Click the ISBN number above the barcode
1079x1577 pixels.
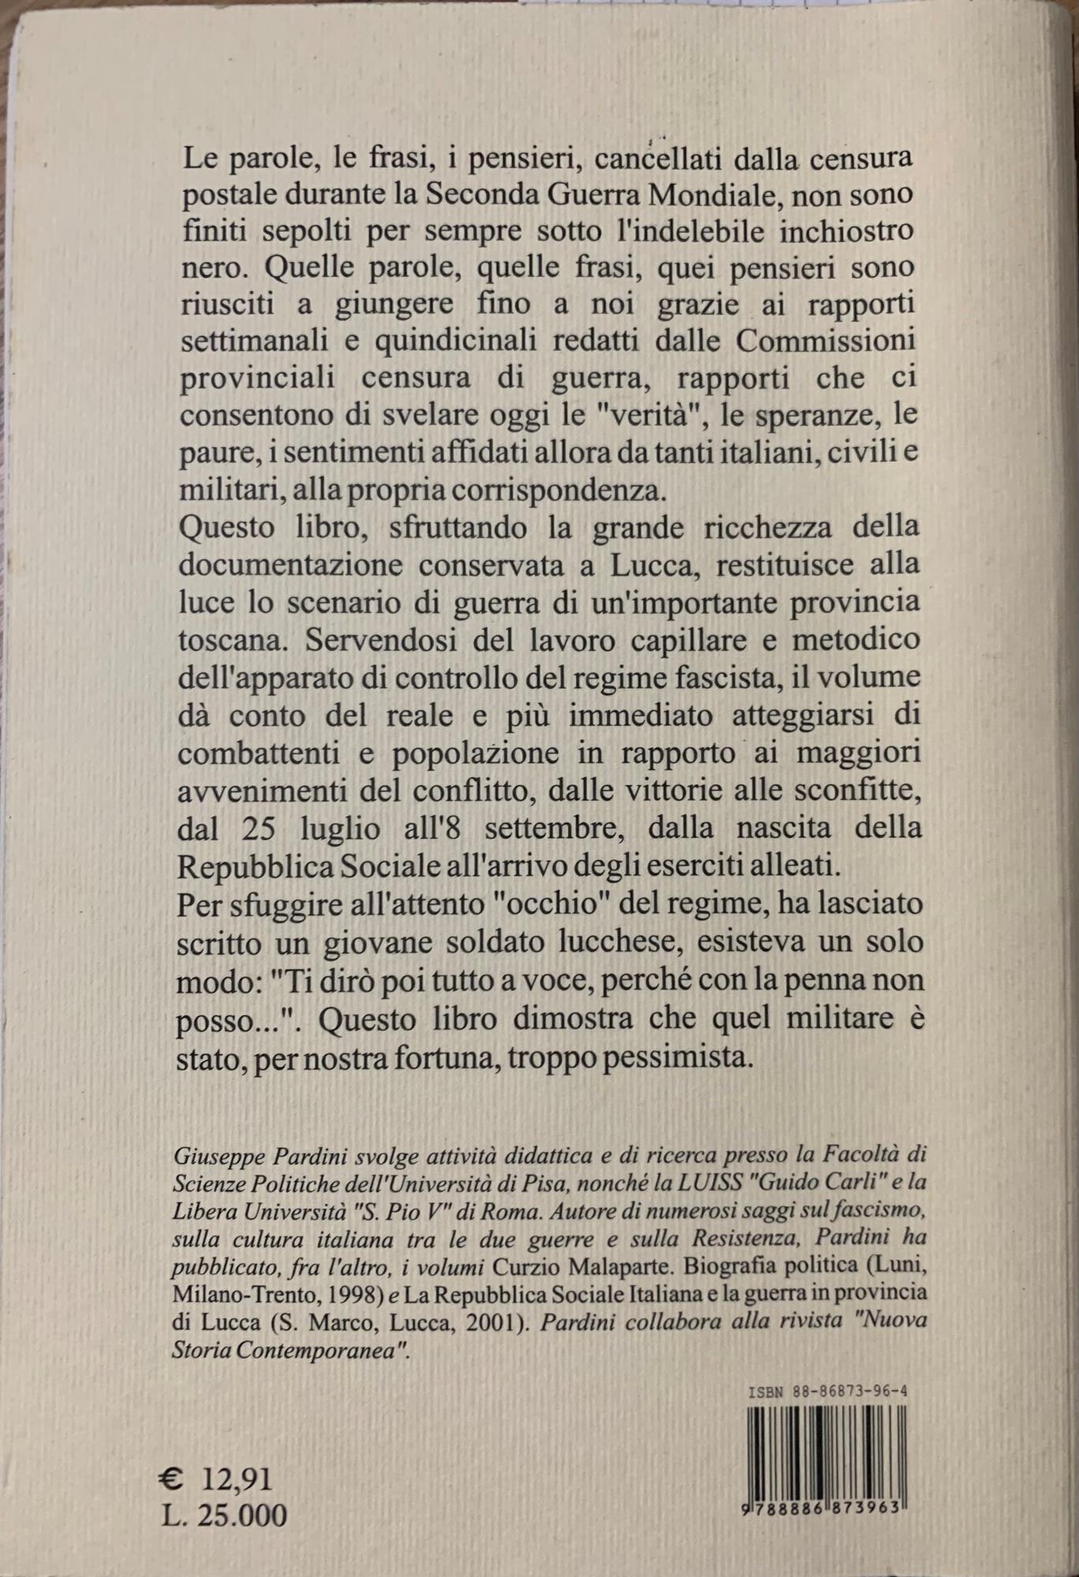[827, 1392]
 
